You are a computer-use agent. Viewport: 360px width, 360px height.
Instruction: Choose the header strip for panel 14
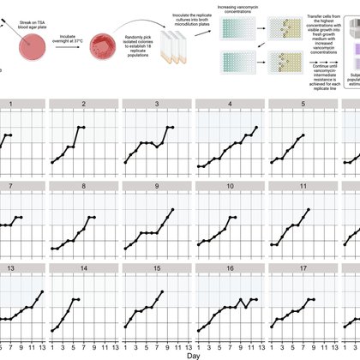(x=83, y=267)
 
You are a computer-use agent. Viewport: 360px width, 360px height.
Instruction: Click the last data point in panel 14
(x=79, y=299)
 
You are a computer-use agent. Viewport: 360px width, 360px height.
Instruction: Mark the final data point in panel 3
(x=172, y=127)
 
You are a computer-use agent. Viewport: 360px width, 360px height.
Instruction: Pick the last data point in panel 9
(x=172, y=209)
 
